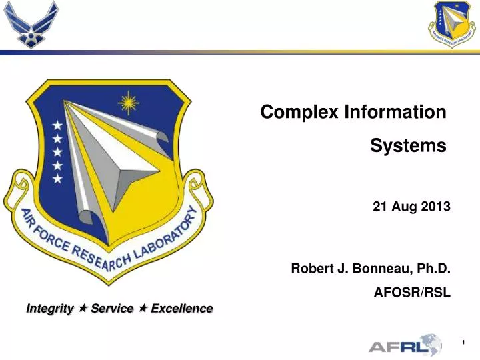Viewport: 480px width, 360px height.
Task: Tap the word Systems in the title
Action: tap(408, 145)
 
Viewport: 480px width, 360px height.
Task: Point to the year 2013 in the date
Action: tap(437, 207)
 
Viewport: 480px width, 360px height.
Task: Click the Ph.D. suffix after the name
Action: tap(433, 269)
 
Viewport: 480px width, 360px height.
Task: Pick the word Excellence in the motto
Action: tap(182, 309)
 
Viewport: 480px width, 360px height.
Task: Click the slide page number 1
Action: tap(464, 342)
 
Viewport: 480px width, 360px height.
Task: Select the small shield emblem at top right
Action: tap(453, 25)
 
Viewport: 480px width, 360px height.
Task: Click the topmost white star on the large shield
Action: tap(58, 125)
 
